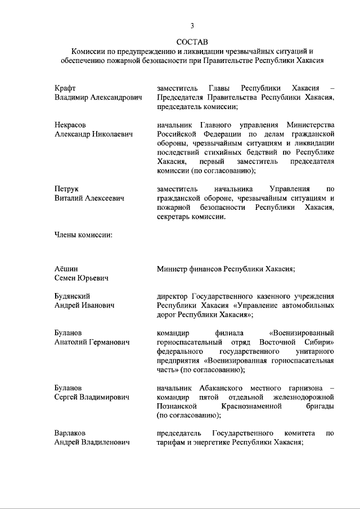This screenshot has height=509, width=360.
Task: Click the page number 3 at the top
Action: pos(192,25)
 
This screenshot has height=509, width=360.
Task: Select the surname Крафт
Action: pos(65,88)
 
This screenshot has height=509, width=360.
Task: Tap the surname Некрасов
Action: pos(70,125)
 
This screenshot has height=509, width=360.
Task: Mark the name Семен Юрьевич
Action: pos(81,278)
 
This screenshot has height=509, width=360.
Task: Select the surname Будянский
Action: pos(73,296)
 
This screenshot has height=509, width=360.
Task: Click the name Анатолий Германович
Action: pos(92,342)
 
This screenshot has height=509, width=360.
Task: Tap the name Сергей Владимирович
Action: pos(92,397)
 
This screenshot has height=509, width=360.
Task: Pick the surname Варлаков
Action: pos(71,434)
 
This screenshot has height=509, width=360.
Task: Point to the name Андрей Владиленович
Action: pos(92,443)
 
